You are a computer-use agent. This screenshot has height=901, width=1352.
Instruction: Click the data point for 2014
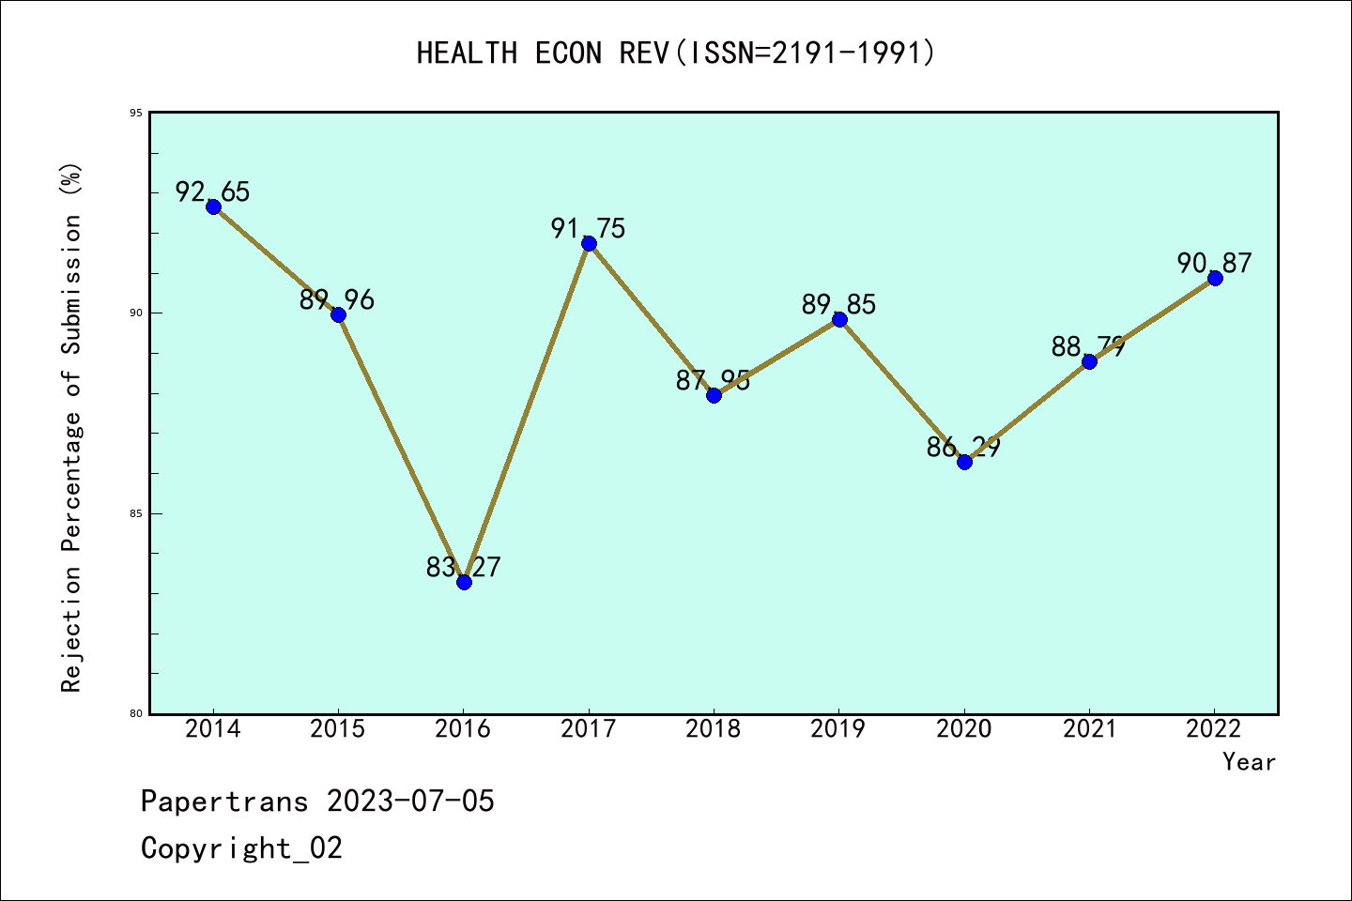pyautogui.click(x=213, y=206)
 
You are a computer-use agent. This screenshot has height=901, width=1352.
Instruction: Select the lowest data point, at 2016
pyautogui.click(x=464, y=582)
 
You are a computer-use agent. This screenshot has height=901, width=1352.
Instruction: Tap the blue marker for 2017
pyautogui.click(x=589, y=243)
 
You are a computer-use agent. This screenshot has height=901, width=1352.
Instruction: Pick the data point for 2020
pyautogui.click(x=964, y=461)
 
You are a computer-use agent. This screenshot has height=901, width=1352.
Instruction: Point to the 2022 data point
pyautogui.click(x=1215, y=278)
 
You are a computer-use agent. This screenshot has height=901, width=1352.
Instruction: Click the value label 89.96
pyautogui.click(x=337, y=300)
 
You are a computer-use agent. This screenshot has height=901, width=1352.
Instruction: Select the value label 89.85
pyautogui.click(x=838, y=305)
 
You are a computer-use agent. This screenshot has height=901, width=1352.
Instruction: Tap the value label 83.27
pyautogui.click(x=464, y=568)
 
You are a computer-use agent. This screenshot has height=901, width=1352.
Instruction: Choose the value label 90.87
pyautogui.click(x=1215, y=264)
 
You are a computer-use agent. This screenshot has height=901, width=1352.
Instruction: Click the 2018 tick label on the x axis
pyautogui.click(x=714, y=729)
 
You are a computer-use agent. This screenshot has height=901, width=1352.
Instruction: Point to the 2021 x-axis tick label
pyautogui.click(x=1089, y=729)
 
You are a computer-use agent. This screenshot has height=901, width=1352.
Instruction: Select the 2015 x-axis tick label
pyautogui.click(x=338, y=729)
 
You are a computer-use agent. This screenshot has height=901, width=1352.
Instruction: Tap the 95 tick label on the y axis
pyautogui.click(x=136, y=114)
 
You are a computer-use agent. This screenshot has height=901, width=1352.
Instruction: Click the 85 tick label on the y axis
pyautogui.click(x=136, y=513)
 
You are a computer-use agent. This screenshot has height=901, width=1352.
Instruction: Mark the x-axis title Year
pyautogui.click(x=1249, y=762)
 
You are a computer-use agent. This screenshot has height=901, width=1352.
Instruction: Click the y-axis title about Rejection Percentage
pyautogui.click(x=72, y=427)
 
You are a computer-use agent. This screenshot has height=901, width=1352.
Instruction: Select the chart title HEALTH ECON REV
pyautogui.click(x=676, y=53)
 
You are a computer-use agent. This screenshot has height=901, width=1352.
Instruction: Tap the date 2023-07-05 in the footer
pyautogui.click(x=410, y=802)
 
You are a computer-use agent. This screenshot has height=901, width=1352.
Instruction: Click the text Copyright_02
pyautogui.click(x=241, y=848)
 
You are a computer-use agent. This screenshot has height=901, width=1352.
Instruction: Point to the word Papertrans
pyautogui.click(x=224, y=802)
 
